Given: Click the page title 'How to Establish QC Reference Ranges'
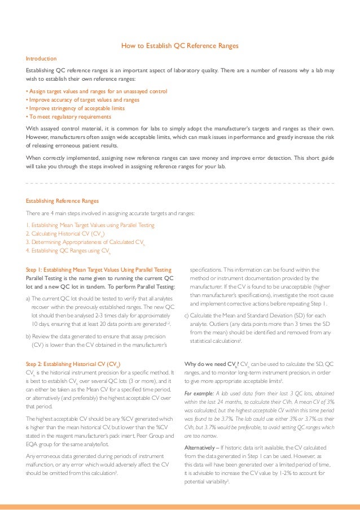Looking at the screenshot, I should tap(180, 46).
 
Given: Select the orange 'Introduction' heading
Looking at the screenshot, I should tap(41, 59).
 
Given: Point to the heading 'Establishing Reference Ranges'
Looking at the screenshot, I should tap(62, 200).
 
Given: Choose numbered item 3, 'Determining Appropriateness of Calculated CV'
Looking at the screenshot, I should tap(85, 242).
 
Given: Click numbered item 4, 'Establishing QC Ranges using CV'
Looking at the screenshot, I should tap(68, 250).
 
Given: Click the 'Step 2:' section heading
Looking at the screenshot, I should tap(73, 364).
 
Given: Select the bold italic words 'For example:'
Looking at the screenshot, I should tap(200, 392).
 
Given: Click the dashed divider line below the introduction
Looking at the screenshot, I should tap(180, 184).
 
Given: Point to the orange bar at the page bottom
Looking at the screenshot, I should tap(180, 506).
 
